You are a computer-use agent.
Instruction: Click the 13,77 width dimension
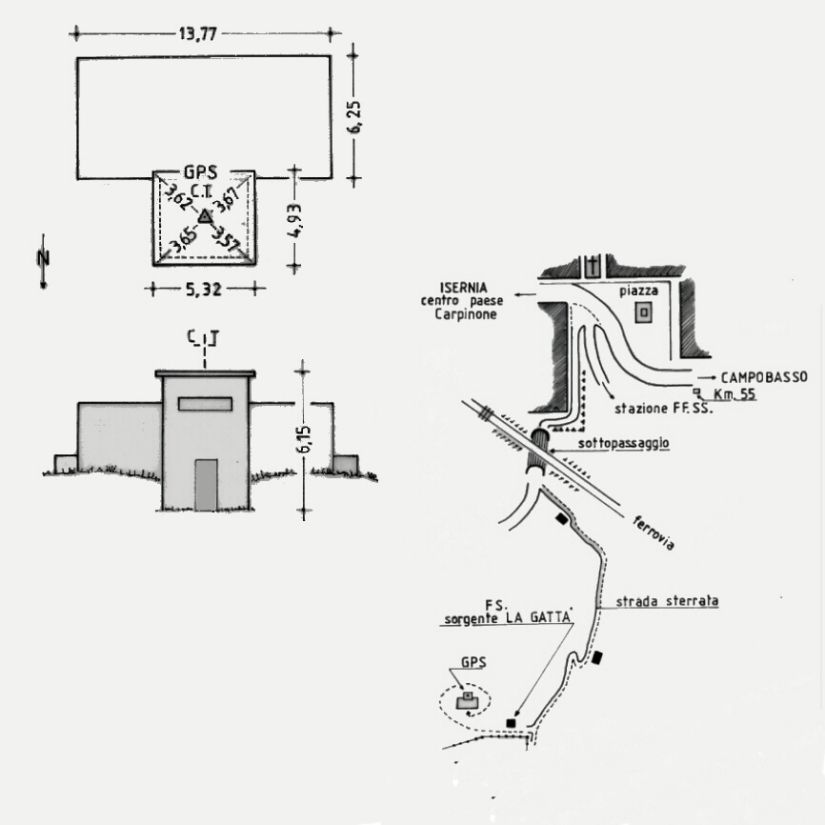coord(198,34)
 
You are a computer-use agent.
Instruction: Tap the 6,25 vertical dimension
coord(355,117)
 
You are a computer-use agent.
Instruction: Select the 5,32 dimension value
coord(204,290)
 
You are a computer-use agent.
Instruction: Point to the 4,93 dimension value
coord(295,220)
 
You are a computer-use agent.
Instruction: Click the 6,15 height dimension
coord(305,439)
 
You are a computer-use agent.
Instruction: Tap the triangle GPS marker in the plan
coord(205,216)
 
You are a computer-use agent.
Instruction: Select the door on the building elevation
coord(206,485)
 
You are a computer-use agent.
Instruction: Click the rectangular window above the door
coord(205,404)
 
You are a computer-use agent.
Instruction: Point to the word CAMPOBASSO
coord(764,377)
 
